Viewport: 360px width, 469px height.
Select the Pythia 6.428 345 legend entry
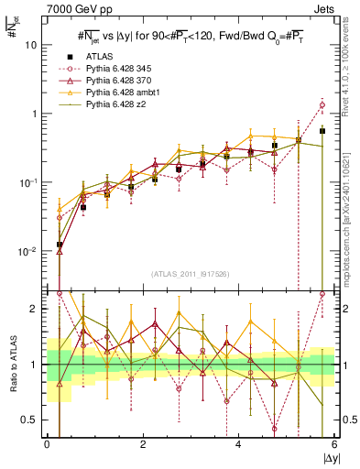pyautogui.click(x=119, y=69)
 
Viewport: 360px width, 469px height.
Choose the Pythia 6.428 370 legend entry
pyautogui.click(x=119, y=81)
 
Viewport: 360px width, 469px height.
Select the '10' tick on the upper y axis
pyautogui.click(x=32, y=44)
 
